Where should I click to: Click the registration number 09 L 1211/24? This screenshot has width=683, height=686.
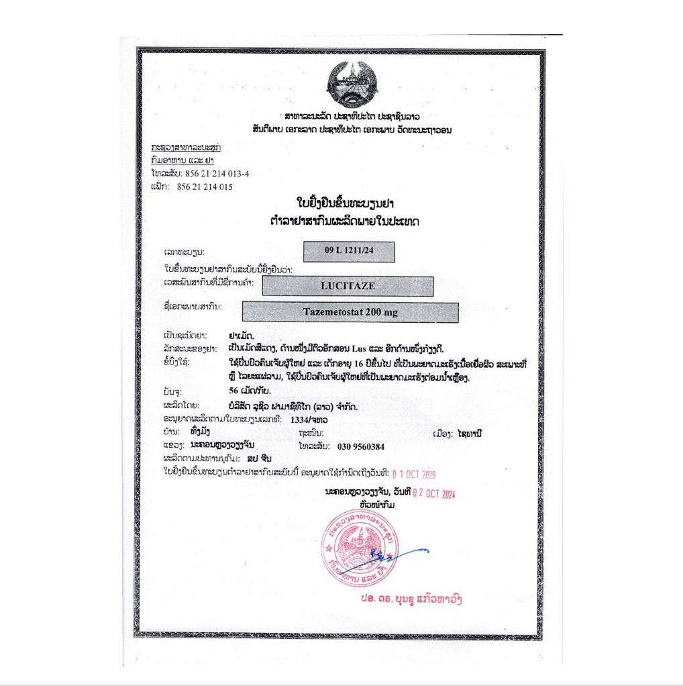[349, 251]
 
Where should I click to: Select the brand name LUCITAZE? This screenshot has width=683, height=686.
[348, 286]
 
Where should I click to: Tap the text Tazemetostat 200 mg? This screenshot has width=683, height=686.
[349, 312]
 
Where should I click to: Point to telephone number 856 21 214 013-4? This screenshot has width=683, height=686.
[213, 174]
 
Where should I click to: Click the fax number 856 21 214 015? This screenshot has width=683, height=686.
[205, 187]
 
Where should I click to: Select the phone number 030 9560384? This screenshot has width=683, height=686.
[356, 446]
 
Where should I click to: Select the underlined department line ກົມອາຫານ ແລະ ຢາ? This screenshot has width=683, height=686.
[180, 160]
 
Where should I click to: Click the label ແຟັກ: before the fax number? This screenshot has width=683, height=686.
[160, 187]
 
